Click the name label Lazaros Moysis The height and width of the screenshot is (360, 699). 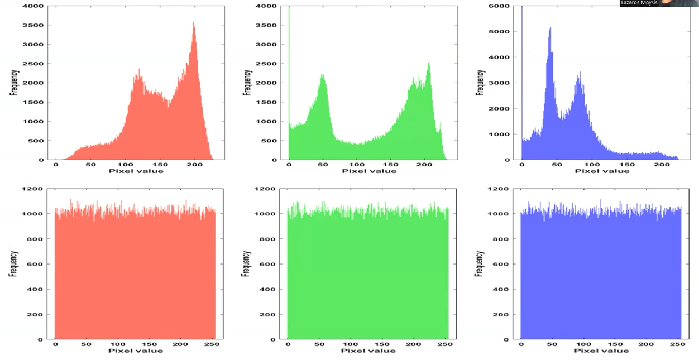(x=639, y=3)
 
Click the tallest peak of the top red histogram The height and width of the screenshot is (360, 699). (x=194, y=23)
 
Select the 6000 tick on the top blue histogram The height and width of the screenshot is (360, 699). (x=500, y=6)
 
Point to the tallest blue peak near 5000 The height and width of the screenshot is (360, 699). (x=550, y=29)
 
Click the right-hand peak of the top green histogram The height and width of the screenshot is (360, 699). (x=429, y=64)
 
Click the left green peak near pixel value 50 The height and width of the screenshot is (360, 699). (x=323, y=75)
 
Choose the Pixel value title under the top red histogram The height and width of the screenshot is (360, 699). (x=136, y=171)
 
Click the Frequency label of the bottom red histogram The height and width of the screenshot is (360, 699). (x=13, y=264)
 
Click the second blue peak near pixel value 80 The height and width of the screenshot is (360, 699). (x=580, y=73)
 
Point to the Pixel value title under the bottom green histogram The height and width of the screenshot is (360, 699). (x=368, y=351)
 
